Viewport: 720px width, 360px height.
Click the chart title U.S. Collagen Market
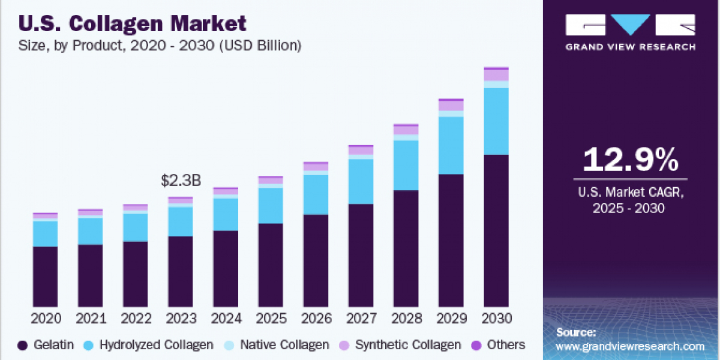tap(133, 23)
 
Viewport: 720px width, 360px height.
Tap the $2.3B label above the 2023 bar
tap(181, 181)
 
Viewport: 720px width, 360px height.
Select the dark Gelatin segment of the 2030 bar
tap(496, 231)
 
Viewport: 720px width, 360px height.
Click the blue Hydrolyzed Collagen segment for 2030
tap(496, 121)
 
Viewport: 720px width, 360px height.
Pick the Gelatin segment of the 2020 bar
tap(46, 277)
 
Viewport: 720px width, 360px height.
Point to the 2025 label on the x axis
tap(271, 317)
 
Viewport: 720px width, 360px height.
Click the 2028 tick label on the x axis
tap(406, 317)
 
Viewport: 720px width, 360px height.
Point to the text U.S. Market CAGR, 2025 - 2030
tap(631, 201)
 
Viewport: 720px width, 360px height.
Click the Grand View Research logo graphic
tap(631, 26)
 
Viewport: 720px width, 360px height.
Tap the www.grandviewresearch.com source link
tap(630, 346)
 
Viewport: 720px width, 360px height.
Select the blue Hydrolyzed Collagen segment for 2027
tap(361, 181)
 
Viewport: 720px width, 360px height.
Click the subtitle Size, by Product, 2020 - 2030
tap(160, 46)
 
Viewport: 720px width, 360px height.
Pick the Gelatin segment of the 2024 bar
tap(226, 269)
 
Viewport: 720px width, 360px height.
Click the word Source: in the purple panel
tap(576, 332)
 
